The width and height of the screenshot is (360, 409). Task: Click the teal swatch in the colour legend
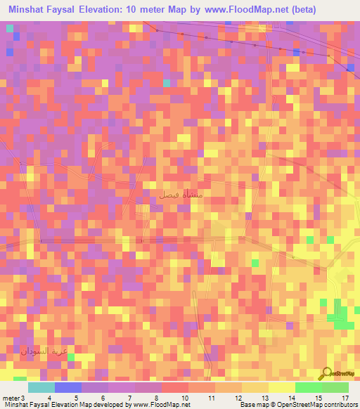[41, 388]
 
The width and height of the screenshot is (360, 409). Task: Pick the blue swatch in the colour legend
[67, 388]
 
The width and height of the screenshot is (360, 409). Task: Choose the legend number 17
[345, 398]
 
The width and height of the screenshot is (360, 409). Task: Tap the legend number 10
[185, 398]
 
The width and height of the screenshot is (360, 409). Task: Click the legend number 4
[49, 398]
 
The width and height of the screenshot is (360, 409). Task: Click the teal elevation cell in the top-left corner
[10, 29]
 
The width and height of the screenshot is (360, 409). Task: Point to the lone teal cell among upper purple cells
[167, 83]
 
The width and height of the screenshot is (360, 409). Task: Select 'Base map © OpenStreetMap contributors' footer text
[298, 405]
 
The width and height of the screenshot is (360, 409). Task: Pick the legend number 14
[291, 398]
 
